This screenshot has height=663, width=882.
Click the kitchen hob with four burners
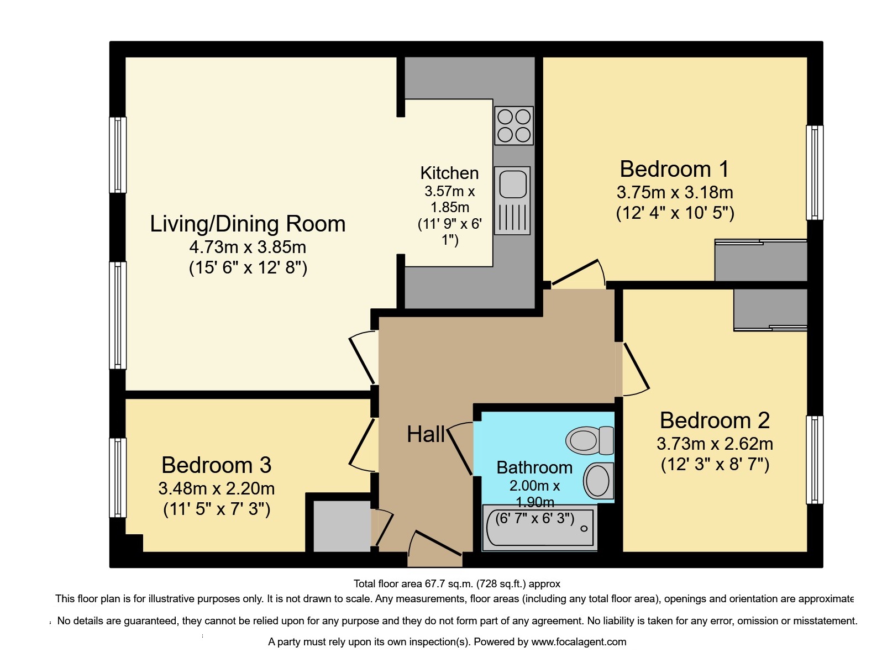click(513, 125)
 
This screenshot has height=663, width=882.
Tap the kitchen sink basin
click(513, 184)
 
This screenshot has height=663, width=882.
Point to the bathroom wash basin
click(599, 481)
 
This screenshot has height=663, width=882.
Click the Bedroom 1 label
click(674, 169)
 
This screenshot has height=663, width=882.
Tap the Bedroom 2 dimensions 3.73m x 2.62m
click(714, 444)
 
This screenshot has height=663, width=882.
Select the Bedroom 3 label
click(216, 465)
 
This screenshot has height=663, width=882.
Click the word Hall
click(426, 435)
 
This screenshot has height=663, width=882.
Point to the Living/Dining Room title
click(248, 224)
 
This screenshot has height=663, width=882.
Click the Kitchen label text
click(449, 173)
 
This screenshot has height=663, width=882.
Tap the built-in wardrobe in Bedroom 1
click(760, 261)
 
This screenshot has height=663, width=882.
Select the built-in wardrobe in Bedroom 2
click(770, 309)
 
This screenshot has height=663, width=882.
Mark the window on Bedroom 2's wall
click(815, 460)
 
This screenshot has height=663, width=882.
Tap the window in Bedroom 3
click(118, 478)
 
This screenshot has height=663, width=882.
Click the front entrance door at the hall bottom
click(436, 544)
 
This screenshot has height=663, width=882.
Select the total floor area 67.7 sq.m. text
click(456, 584)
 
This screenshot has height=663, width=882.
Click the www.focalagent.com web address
click(578, 642)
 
